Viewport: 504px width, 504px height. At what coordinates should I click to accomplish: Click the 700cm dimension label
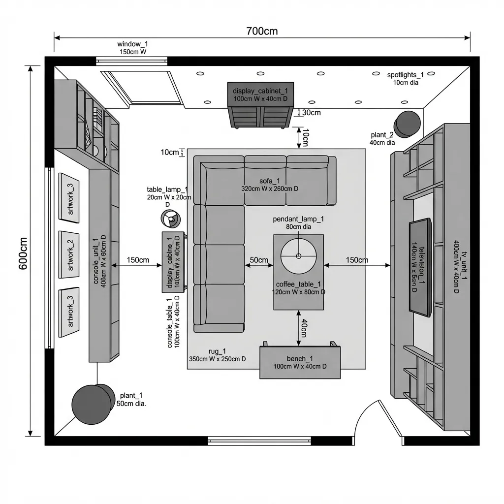pos(262,31)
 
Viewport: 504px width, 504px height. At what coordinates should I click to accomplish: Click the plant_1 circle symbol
pos(92,404)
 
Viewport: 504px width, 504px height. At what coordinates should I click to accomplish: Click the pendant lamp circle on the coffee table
pos(298,256)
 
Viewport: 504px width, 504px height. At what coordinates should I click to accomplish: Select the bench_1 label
pos(300,359)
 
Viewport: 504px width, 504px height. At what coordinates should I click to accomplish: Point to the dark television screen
pos(420,268)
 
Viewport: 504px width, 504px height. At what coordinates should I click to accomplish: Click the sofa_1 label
pos(269,181)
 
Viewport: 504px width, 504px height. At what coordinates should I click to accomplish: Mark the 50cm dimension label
pos(259,260)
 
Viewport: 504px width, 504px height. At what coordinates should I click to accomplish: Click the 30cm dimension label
pos(311,113)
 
